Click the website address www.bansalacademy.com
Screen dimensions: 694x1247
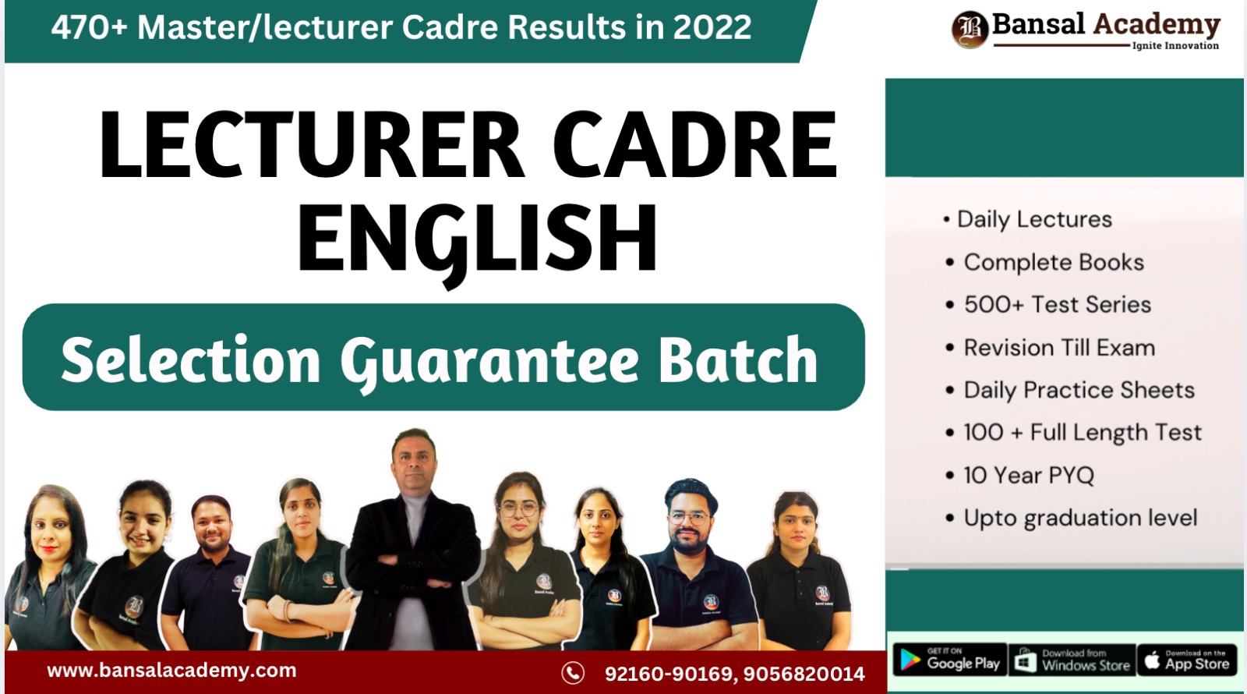[x=171, y=671]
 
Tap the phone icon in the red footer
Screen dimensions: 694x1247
[x=573, y=673]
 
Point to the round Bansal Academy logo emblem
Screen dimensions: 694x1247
[x=970, y=30]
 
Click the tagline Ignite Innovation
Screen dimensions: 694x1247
[x=1175, y=46]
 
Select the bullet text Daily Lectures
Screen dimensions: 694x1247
[x=1034, y=220]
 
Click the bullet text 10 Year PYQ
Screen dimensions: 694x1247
[x=1029, y=475]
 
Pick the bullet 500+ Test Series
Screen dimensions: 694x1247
[x=1057, y=305]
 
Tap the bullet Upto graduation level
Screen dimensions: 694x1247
[x=1080, y=518]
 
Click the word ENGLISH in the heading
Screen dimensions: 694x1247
[x=477, y=238]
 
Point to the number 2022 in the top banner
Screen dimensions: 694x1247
[x=712, y=28]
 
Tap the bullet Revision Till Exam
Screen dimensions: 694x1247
[x=1059, y=348]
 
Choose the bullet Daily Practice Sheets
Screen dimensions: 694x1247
[x=1079, y=390]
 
